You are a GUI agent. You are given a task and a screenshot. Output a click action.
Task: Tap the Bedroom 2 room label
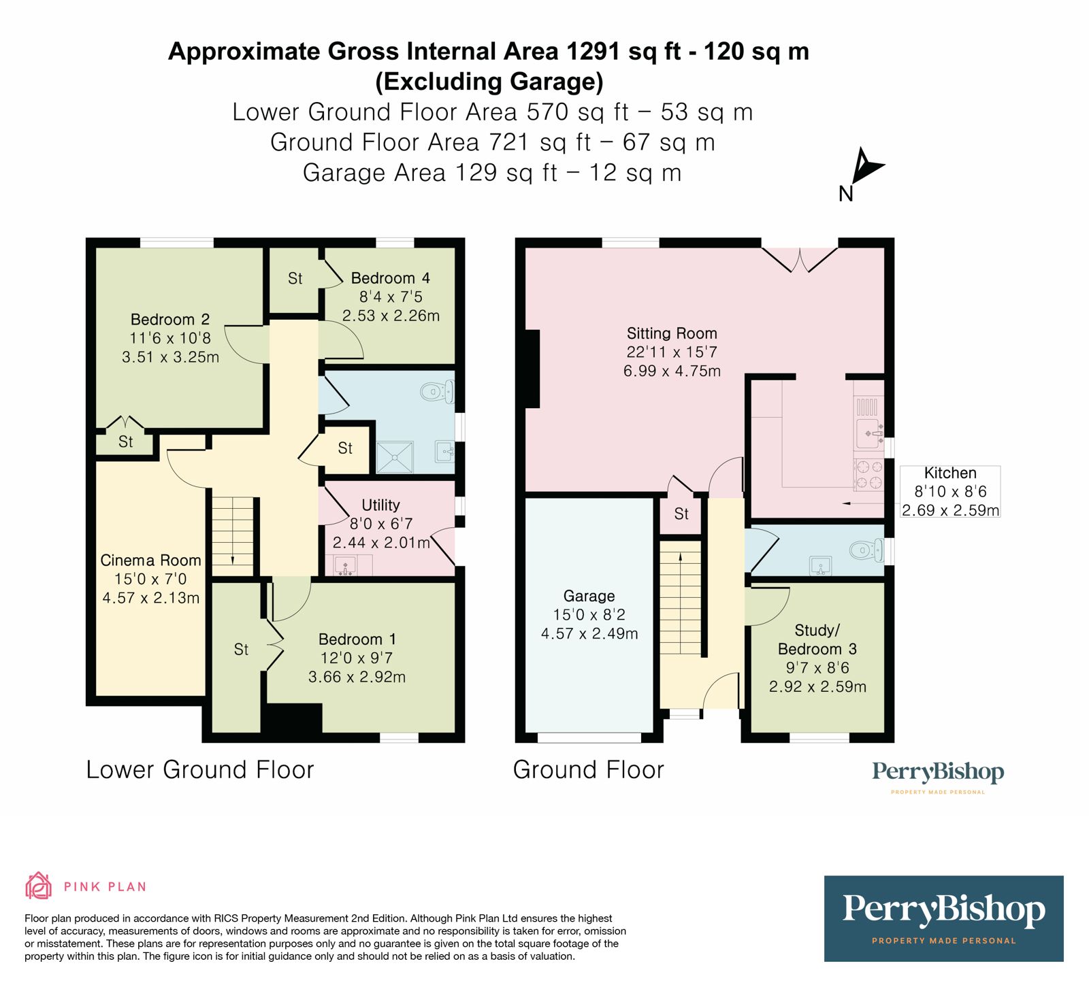pos(170,320)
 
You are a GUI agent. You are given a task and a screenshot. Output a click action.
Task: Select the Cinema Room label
pos(150,561)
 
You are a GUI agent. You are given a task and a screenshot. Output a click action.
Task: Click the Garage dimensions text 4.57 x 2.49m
pos(589,634)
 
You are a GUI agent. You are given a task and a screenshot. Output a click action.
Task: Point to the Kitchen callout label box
pos(950,491)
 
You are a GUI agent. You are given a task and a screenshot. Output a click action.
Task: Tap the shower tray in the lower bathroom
pos(395,457)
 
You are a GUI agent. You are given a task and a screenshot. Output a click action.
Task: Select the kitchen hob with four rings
pos(868,475)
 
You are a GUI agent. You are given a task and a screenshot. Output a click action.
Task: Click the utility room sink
pos(345,565)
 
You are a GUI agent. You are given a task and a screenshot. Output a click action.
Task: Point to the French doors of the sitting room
pos(800,258)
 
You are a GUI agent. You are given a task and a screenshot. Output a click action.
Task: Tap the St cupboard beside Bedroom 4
pos(295,279)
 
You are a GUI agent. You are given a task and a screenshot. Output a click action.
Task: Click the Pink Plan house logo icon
pos(38,886)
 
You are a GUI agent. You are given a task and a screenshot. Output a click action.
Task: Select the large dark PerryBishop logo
pos(943,918)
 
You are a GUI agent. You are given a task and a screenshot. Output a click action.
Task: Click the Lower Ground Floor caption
pos(200,770)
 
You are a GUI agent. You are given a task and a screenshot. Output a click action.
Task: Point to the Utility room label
pos(380,505)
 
